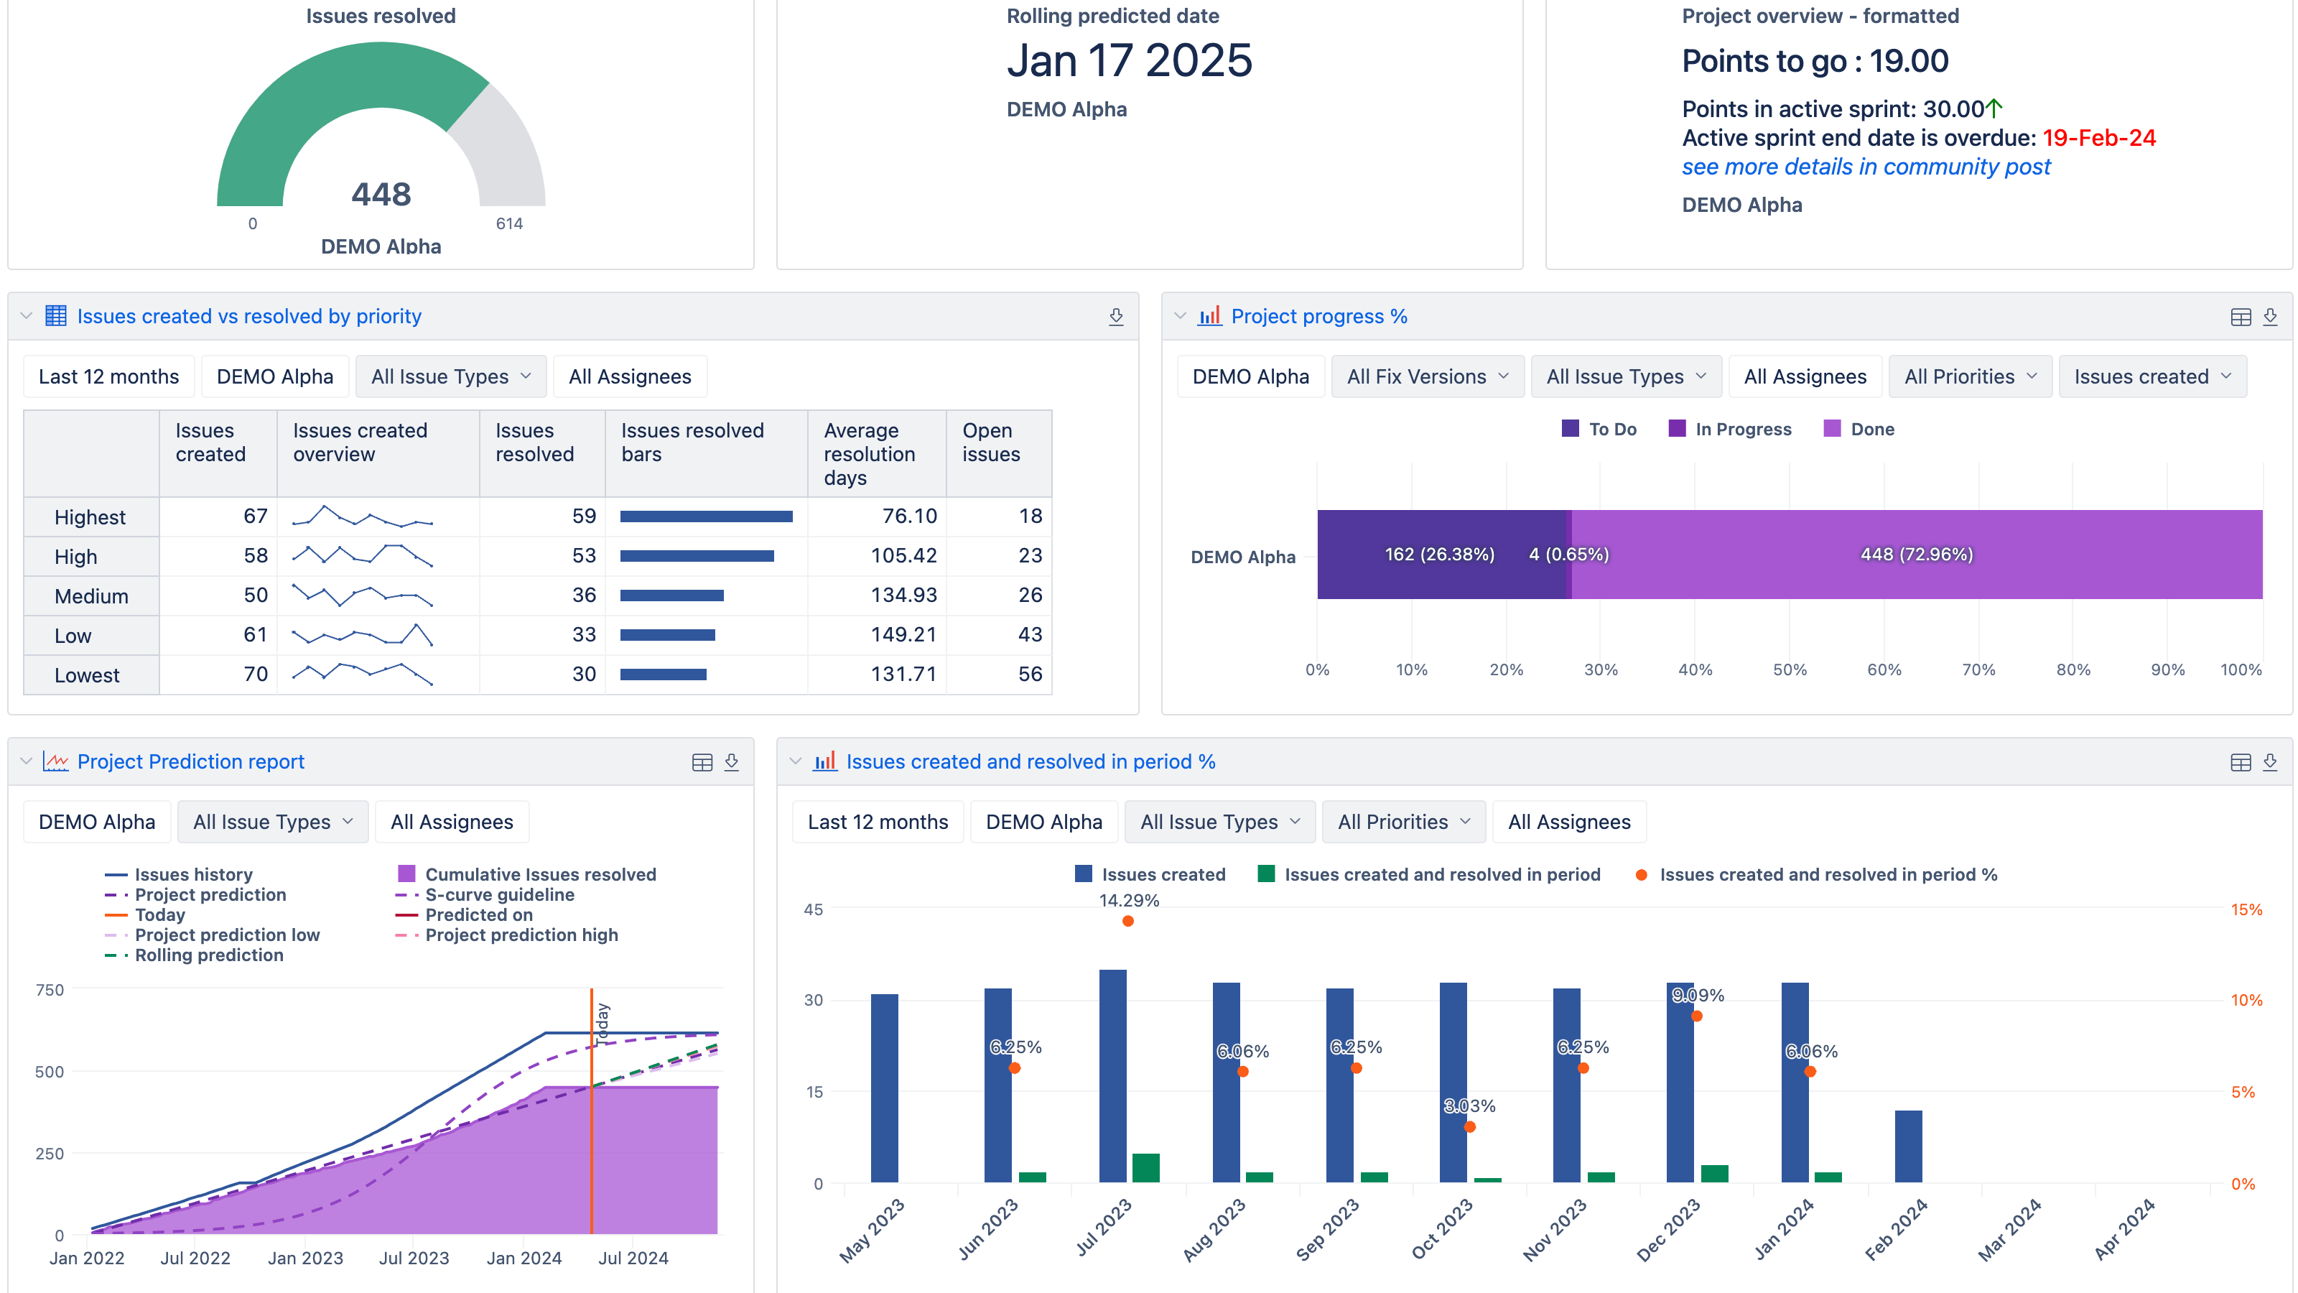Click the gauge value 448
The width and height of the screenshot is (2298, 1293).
tap(381, 194)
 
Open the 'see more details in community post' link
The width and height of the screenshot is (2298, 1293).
tap(1866, 167)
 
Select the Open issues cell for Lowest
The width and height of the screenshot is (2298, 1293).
tap(1030, 674)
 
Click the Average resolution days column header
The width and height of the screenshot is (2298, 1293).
tap(869, 453)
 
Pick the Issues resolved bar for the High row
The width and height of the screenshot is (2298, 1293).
tap(697, 556)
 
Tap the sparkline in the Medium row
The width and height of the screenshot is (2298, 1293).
tap(362, 595)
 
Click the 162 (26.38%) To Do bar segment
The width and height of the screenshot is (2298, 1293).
tap(1439, 554)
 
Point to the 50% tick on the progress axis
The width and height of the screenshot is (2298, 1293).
tap(1789, 669)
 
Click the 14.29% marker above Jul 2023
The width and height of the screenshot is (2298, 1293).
tap(1127, 921)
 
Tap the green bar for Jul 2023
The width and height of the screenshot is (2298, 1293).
tap(1145, 1167)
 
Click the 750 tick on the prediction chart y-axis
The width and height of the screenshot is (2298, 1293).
tap(50, 990)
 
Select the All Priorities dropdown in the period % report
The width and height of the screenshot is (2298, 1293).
tap(1402, 822)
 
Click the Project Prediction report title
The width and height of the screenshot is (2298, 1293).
tap(190, 761)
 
